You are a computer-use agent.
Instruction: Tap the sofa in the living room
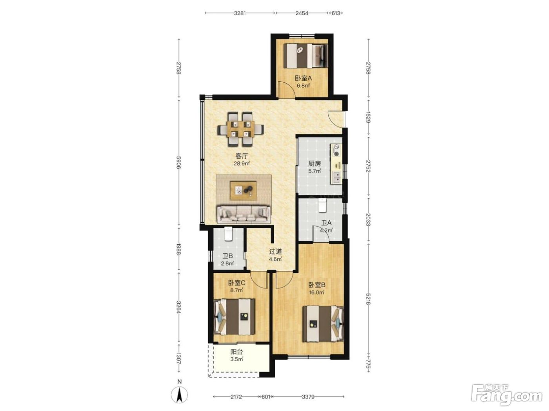(x=244, y=214)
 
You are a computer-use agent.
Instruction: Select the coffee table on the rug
(x=244, y=191)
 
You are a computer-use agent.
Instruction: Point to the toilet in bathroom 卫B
(x=228, y=234)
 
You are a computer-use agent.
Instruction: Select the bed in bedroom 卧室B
(x=323, y=324)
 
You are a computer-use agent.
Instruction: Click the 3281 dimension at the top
(x=240, y=13)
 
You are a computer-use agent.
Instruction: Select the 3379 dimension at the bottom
(x=308, y=397)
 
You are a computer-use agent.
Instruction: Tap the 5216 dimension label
(x=368, y=299)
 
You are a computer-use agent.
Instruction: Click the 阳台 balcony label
(x=236, y=352)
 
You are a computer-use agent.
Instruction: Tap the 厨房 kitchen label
(x=314, y=164)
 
